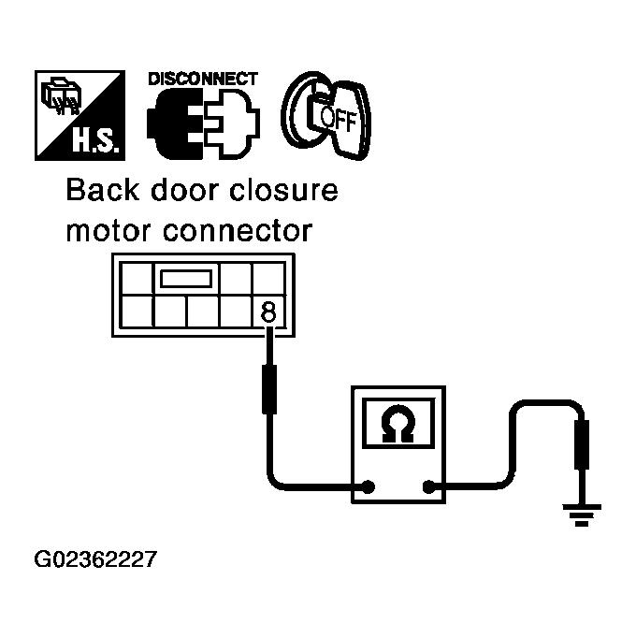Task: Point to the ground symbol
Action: coord(583,513)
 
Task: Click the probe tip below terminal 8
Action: coord(268,389)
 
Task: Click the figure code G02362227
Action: coord(95,560)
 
